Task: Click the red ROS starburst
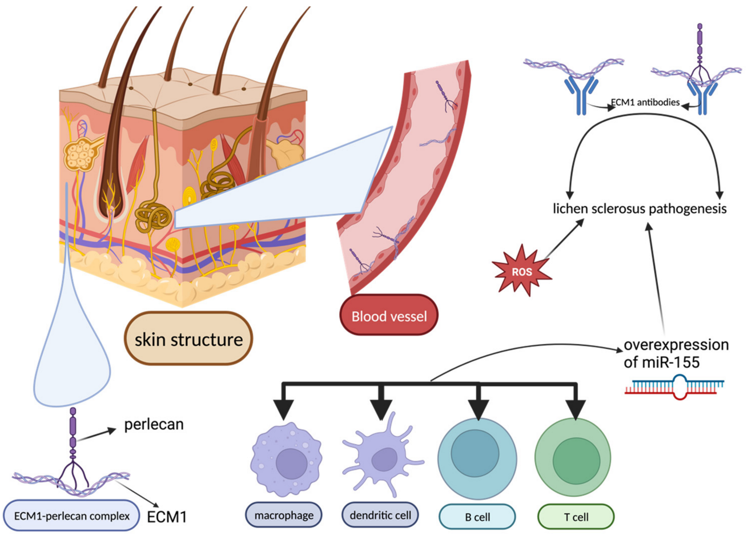(x=522, y=271)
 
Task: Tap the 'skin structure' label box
(x=188, y=339)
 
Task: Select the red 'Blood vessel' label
(x=389, y=316)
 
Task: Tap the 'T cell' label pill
(x=576, y=517)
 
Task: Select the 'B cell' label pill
(x=477, y=517)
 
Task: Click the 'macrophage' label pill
(x=284, y=515)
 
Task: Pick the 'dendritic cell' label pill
(x=380, y=515)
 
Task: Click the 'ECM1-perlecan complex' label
(x=71, y=516)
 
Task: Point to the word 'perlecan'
(x=154, y=424)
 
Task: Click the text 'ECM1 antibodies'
(x=645, y=102)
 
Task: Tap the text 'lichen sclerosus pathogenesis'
(x=639, y=209)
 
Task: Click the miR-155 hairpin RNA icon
(x=674, y=387)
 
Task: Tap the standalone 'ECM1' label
(x=166, y=517)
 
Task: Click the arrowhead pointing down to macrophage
(x=284, y=409)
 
